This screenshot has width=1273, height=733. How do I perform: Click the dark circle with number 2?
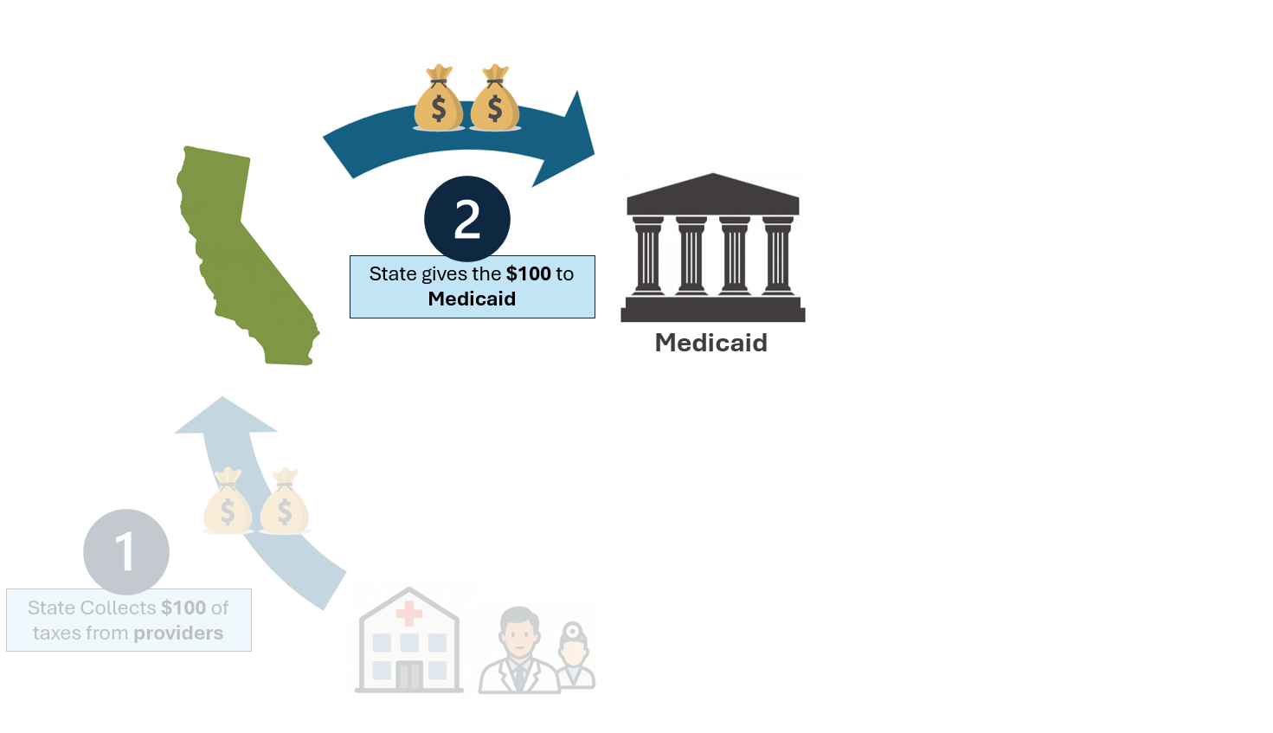467,219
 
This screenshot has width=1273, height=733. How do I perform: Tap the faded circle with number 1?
126,552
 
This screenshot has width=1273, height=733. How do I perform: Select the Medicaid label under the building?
711,343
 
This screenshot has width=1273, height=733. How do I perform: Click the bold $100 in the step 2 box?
529,273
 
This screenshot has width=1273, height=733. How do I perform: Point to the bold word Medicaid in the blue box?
472,299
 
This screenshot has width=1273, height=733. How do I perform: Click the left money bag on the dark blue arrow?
439,98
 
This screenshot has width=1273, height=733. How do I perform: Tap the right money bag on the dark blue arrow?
495,98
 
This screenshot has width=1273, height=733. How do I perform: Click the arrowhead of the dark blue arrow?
569,142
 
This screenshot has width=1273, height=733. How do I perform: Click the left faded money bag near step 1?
228,500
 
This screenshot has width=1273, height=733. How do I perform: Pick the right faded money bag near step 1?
285,500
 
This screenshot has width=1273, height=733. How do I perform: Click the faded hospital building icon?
409,640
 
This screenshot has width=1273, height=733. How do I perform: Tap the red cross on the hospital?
409,614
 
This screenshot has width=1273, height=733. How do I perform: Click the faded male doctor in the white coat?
519,650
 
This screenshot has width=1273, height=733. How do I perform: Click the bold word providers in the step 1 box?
178,633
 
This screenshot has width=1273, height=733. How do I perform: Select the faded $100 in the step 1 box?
183,608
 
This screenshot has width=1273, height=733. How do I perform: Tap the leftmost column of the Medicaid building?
648,255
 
